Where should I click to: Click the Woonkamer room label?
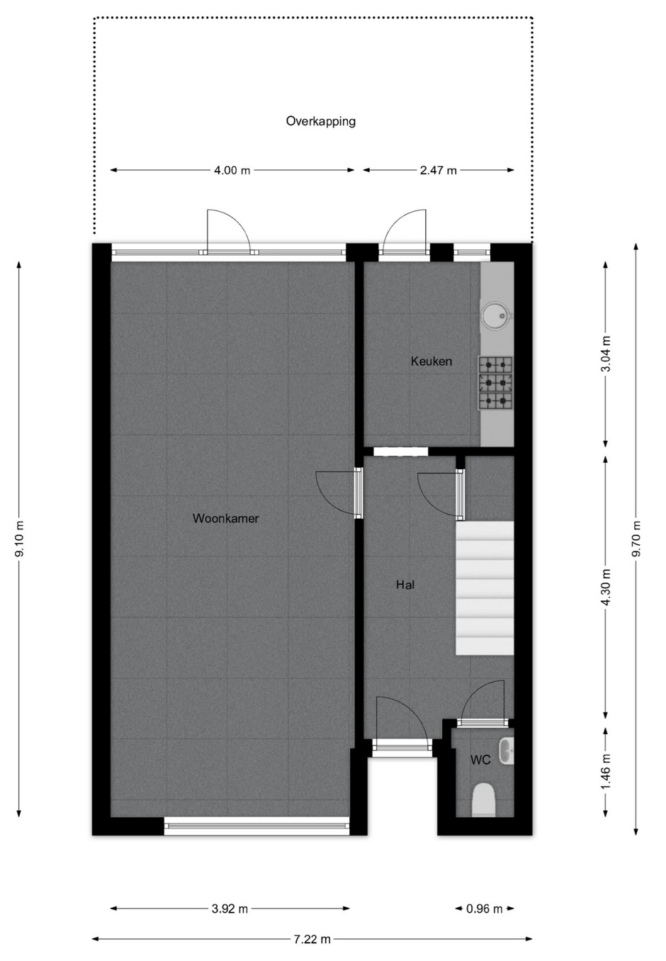click(225, 518)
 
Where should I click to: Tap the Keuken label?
click(431, 361)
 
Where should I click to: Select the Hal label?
click(405, 585)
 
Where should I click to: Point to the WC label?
click(480, 760)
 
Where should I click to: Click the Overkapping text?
click(321, 121)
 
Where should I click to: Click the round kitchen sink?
click(497, 316)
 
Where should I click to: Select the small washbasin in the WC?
click(506, 751)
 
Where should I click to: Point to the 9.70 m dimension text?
click(636, 539)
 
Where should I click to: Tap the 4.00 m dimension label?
click(232, 170)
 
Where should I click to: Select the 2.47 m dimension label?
click(439, 170)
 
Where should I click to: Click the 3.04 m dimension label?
click(605, 354)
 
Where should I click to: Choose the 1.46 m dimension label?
click(605, 770)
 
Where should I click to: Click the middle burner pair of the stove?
click(495, 381)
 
